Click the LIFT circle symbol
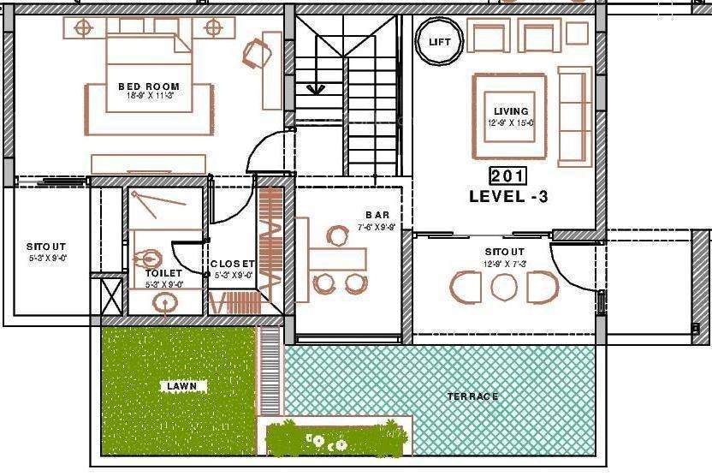439,41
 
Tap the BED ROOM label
149,86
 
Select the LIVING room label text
511,111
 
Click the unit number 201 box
507,176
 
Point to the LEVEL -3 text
508,196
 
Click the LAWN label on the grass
181,386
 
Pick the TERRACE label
472,396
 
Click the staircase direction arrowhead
315,87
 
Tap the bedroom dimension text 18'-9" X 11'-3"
149,96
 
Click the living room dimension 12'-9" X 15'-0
511,122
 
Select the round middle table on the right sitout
503,287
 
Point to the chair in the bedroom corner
257,55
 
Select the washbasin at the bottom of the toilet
166,300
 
